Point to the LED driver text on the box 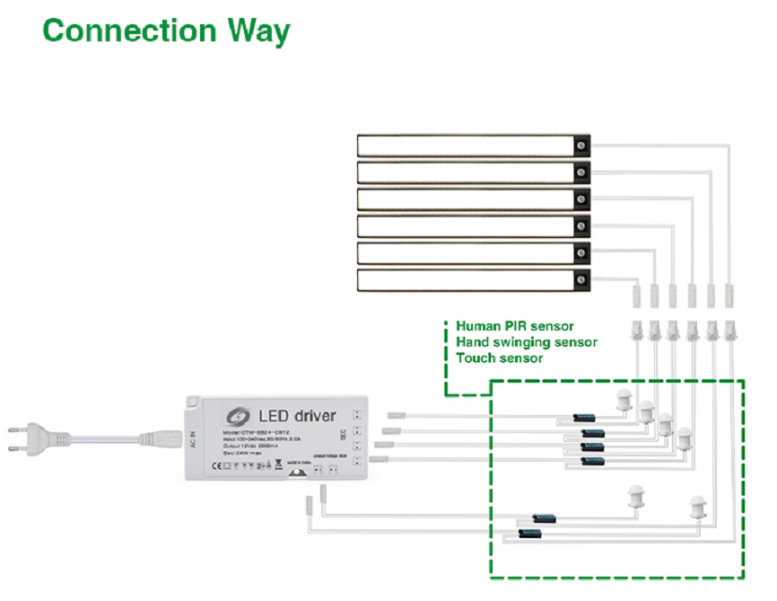[x=297, y=415]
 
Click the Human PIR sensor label [x=514, y=325]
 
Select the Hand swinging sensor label [x=526, y=341]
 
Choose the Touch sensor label [x=499, y=358]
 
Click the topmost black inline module [x=586, y=418]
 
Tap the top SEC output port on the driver [x=357, y=415]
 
